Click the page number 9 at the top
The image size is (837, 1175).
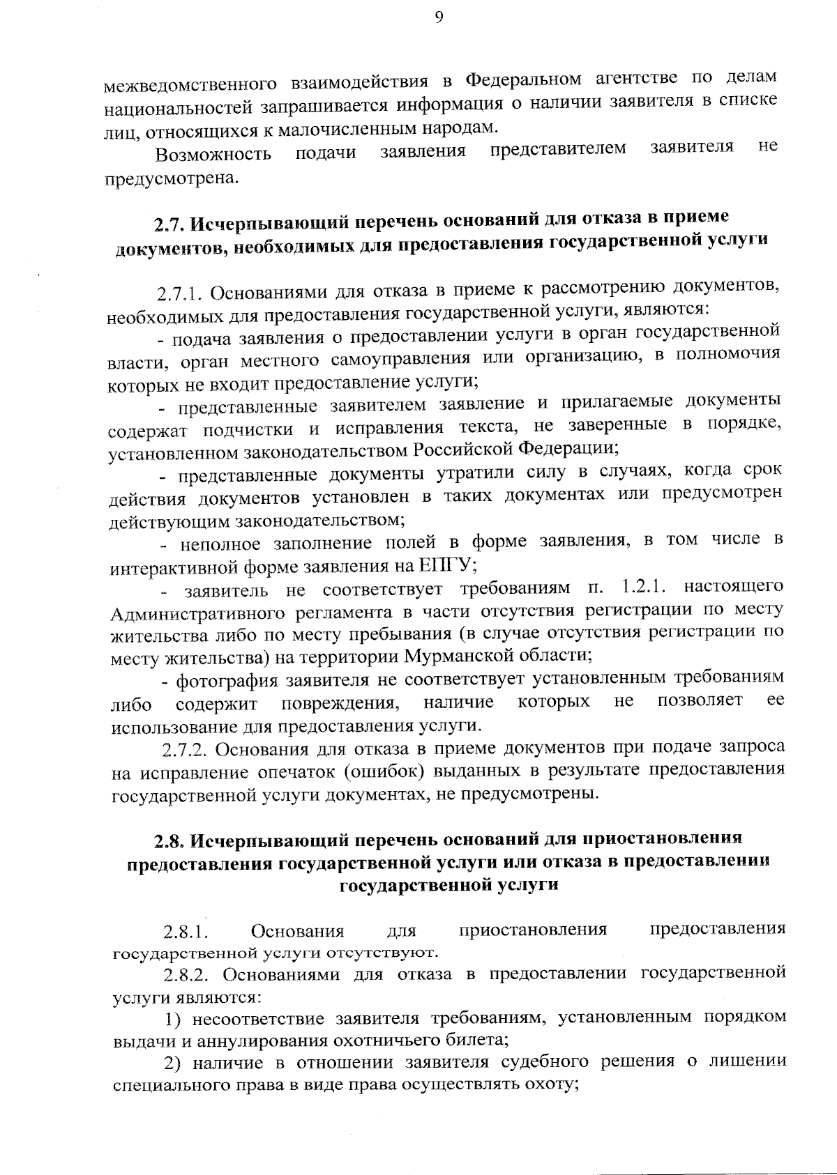(x=439, y=19)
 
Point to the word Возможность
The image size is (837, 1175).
(x=213, y=153)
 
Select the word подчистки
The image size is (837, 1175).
(x=251, y=429)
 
